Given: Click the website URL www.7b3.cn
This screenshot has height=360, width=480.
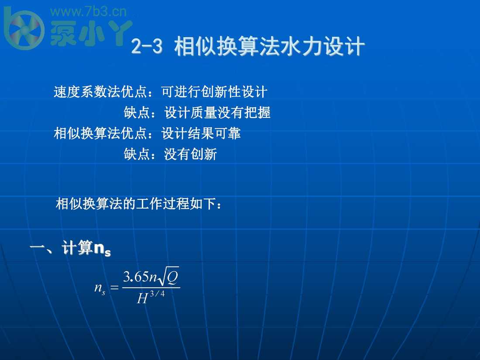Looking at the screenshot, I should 89,12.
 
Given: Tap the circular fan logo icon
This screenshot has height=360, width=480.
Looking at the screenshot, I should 24,29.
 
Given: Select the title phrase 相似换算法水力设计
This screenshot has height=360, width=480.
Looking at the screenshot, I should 269,47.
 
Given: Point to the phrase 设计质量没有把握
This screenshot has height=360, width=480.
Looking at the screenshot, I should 217,113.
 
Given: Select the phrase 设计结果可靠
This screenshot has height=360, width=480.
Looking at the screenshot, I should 201,133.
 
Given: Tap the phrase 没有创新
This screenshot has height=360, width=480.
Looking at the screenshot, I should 190,154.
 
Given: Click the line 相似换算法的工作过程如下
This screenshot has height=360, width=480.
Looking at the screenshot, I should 139,203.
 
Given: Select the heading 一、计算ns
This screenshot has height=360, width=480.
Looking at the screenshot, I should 70,249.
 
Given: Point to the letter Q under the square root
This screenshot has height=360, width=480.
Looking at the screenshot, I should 172,278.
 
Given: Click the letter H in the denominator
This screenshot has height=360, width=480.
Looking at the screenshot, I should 142,299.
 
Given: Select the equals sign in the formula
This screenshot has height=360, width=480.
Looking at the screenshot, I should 114,288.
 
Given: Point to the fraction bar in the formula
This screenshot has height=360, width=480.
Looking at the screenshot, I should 151,288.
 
